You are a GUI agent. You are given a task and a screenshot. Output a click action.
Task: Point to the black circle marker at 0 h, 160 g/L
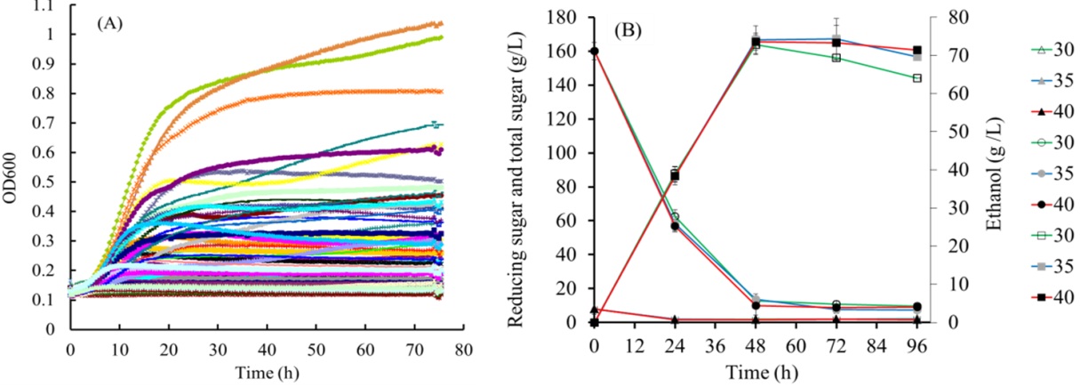coord(595,51)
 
